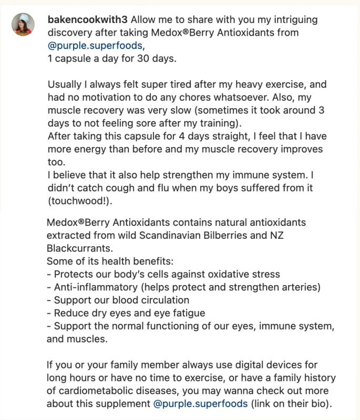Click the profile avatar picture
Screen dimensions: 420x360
coord(23,24)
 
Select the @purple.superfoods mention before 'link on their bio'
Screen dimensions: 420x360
coord(200,404)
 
